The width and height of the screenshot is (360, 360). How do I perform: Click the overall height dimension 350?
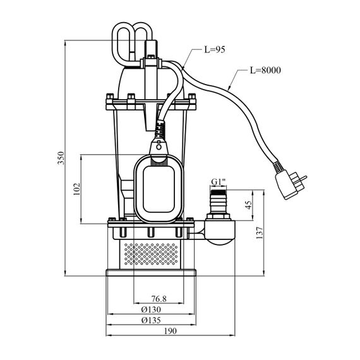61,158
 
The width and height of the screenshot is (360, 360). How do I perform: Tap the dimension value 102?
76,189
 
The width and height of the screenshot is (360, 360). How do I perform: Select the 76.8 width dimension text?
159,299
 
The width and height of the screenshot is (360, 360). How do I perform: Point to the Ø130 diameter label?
151,309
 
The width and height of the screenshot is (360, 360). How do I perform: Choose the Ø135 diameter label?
151,320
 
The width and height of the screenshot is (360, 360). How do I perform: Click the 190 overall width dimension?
171,331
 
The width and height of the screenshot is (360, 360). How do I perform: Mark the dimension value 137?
260,233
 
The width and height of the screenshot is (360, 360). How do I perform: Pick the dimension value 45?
249,205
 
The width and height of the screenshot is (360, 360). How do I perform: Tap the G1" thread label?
219,182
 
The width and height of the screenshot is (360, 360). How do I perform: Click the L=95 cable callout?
215,50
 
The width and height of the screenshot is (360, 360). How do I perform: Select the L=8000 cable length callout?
265,70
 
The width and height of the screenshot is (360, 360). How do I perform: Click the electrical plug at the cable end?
291,184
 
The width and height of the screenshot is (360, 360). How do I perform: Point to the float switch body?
159,189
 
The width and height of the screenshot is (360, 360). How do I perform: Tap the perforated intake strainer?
150,255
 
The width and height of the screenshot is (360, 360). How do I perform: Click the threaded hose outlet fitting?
219,201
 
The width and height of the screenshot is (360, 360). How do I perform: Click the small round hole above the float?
159,147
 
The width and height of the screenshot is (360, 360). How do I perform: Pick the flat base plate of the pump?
151,272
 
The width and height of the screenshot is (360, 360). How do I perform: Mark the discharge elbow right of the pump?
220,231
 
